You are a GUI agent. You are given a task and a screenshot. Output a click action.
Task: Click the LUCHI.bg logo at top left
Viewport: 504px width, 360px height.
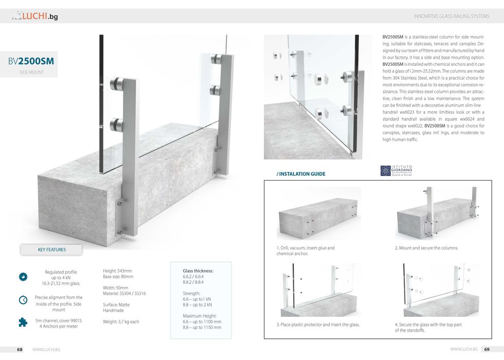(x=35, y=16)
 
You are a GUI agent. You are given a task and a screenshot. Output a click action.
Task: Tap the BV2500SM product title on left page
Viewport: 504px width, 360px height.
(x=31, y=62)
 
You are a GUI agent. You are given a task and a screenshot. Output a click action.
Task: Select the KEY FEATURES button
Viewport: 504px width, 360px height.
(x=52, y=250)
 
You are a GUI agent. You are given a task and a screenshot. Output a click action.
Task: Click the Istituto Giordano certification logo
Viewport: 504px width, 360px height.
(x=396, y=171)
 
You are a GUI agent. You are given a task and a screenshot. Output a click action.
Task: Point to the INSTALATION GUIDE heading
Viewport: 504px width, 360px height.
(x=301, y=174)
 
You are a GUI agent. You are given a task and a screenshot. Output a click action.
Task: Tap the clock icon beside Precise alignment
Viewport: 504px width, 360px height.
(x=23, y=300)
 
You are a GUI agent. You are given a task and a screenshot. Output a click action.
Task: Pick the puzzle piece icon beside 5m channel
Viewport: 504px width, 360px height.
(x=23, y=322)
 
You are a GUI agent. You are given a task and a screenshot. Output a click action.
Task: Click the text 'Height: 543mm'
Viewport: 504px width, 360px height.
(x=117, y=271)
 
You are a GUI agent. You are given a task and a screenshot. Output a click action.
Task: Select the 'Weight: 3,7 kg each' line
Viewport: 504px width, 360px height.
(x=121, y=322)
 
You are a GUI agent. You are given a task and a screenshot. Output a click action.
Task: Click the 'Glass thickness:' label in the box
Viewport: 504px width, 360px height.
(x=198, y=271)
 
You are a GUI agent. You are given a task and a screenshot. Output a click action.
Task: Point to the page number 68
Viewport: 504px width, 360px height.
(x=20, y=350)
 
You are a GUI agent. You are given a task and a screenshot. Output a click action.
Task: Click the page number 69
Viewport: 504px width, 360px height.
(x=487, y=350)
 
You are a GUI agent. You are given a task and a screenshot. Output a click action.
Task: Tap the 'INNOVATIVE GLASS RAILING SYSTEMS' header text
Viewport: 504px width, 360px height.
(x=452, y=16)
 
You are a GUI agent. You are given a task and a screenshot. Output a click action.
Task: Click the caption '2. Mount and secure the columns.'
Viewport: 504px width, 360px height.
(x=426, y=248)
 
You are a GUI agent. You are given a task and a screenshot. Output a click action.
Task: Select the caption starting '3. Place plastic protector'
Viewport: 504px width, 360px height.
(x=318, y=325)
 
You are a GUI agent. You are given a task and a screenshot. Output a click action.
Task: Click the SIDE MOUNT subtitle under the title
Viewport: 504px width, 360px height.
(x=31, y=73)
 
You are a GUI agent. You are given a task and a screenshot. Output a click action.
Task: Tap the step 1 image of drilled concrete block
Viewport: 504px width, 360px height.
(x=319, y=215)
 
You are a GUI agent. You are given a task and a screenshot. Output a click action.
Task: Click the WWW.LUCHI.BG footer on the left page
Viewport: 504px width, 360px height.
(x=46, y=350)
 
